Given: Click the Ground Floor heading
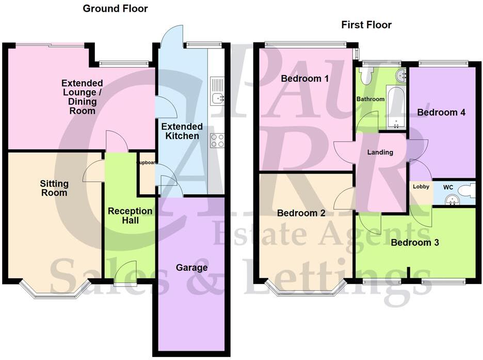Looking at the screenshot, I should click(115, 8).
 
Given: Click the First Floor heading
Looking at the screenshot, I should click(366, 25).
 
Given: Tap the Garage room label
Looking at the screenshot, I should click(191, 268).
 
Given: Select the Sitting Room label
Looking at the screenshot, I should click(54, 188).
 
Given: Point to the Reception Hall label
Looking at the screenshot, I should click(130, 215).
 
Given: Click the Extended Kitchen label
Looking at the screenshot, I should click(181, 131).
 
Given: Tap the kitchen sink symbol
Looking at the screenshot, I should click(217, 91).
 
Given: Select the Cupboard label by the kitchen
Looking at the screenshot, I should click(146, 162).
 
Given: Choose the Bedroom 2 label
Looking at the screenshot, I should click(301, 213).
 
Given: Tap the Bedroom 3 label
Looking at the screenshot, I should click(414, 242).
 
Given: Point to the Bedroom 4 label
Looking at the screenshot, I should click(438, 112).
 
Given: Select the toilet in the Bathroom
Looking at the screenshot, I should click(366, 76).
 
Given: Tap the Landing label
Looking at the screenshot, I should click(380, 152).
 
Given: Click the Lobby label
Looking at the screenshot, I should click(421, 187).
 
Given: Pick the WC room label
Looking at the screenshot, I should click(443, 183).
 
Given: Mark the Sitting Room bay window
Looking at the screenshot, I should click(55, 290).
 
